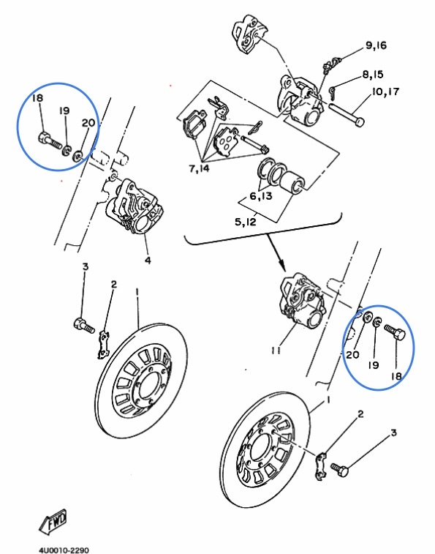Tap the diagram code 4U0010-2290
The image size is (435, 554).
[64, 550]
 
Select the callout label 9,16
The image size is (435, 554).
[376, 45]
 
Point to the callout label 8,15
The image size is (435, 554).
[373, 75]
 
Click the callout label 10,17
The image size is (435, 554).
[385, 92]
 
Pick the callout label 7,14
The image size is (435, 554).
[199, 168]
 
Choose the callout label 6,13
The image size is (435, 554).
[261, 195]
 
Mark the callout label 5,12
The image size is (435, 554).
[246, 222]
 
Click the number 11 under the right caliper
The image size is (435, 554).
[276, 350]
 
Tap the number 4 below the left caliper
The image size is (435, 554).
[148, 260]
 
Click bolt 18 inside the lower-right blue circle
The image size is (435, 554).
[394, 332]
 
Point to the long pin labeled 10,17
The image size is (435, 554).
[347, 113]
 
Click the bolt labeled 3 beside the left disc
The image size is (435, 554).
[84, 325]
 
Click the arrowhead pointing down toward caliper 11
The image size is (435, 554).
[281, 264]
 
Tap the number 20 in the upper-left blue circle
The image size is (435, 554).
[88, 123]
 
